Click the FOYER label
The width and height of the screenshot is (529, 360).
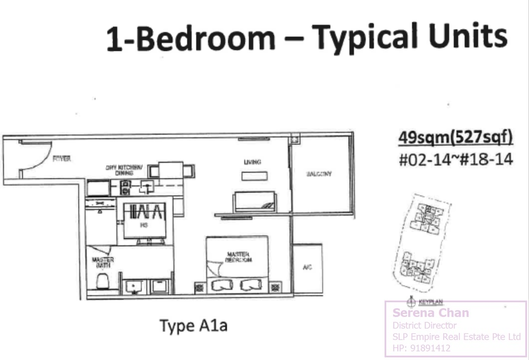(62, 159)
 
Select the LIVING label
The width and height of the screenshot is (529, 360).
(251, 162)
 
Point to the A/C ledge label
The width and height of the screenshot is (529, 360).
(307, 267)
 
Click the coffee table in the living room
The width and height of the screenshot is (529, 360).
(251, 176)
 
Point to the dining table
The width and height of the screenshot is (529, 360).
(171, 171)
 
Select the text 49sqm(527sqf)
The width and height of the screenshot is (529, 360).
(455, 138)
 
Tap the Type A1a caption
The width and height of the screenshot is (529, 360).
(193, 326)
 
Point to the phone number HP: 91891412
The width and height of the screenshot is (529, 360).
(421, 348)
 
